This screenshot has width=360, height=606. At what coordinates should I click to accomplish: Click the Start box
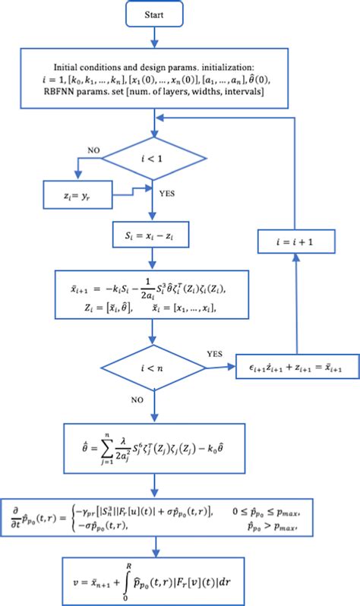tap(155, 16)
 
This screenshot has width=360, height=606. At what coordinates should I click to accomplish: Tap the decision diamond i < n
tap(155, 348)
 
